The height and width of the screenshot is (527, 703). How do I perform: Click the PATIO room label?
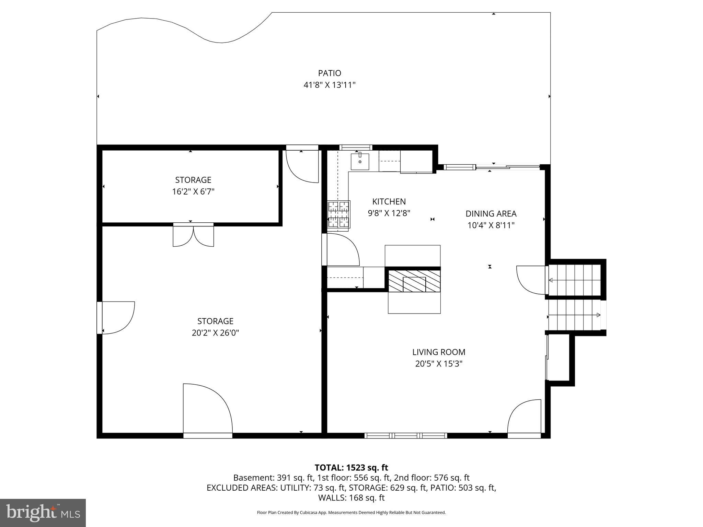click(329, 73)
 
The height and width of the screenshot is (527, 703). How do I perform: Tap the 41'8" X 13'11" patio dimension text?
click(329, 85)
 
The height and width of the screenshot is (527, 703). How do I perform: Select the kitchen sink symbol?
click(360, 162)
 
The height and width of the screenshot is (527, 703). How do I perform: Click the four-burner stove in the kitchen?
click(339, 214)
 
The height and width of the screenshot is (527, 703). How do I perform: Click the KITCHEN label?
click(389, 201)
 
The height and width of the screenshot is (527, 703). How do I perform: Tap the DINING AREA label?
click(491, 214)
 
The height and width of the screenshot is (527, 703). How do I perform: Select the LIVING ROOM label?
click(439, 352)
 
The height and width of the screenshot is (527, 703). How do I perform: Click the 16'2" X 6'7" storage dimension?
click(193, 191)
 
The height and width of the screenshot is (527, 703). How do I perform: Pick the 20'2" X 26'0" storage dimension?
click(215, 333)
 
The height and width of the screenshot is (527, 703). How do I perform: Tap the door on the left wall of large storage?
click(117, 318)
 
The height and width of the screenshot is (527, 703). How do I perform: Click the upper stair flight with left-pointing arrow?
click(574, 280)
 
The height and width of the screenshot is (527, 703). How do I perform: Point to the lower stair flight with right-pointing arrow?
click(574, 315)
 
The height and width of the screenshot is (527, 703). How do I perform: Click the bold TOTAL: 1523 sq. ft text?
click(351, 468)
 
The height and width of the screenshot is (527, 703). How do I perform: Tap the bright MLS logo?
click(43, 513)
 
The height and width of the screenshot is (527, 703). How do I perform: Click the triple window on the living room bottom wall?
click(405, 436)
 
